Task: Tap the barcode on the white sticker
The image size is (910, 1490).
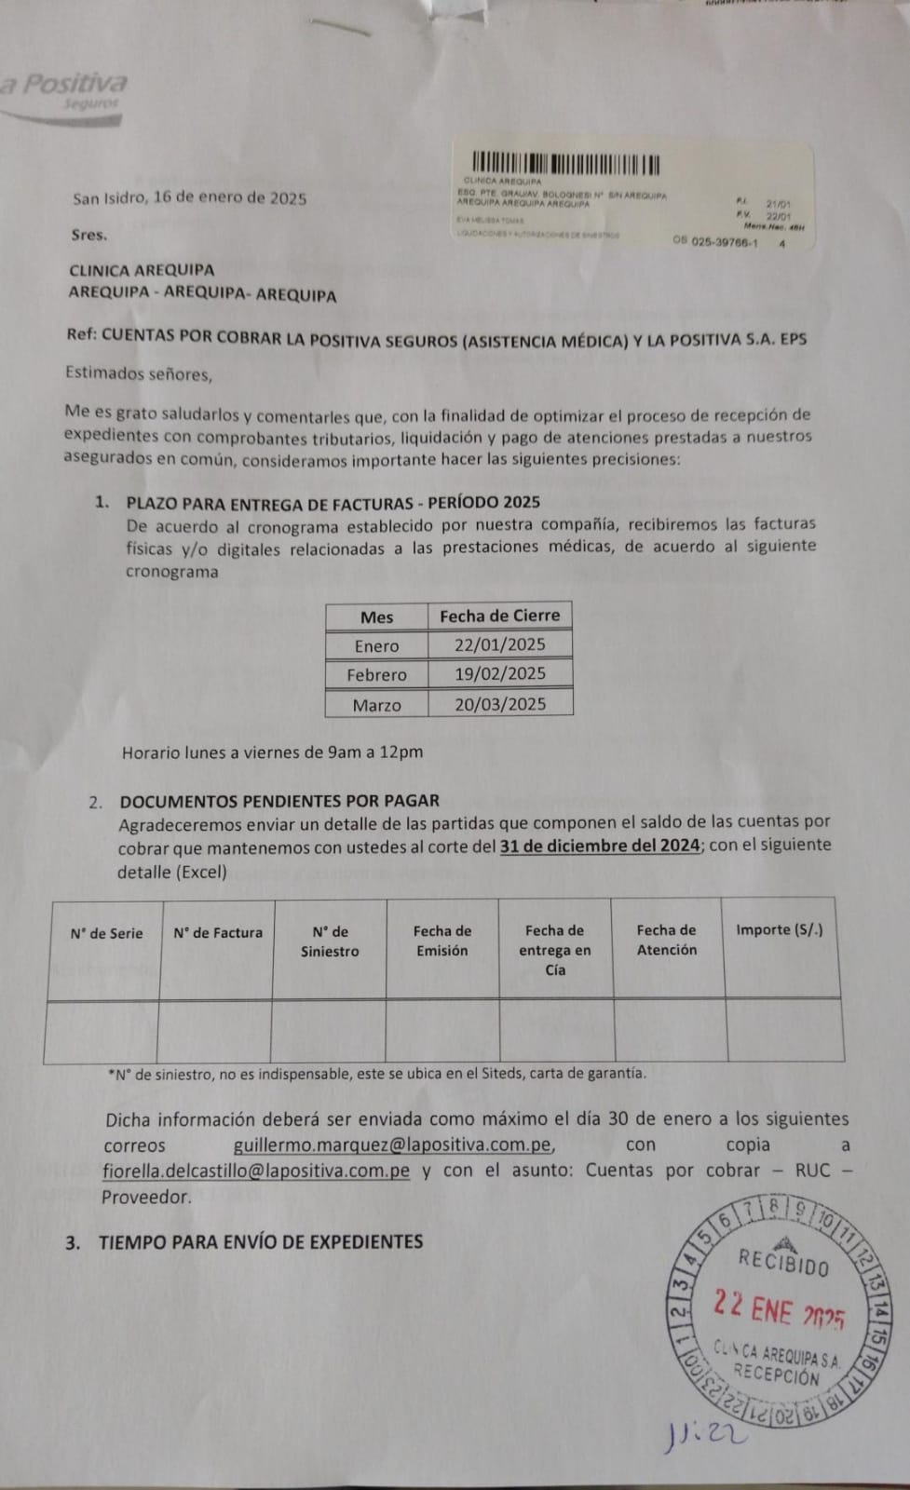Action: (x=565, y=164)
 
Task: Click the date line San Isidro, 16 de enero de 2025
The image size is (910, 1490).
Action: (x=189, y=197)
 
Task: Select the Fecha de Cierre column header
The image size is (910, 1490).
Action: (x=499, y=616)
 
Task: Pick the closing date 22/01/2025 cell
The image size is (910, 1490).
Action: (x=499, y=644)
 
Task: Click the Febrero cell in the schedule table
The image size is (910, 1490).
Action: (x=376, y=674)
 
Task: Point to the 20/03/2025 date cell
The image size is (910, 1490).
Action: (x=499, y=704)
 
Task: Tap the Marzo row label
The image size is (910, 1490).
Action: (x=376, y=705)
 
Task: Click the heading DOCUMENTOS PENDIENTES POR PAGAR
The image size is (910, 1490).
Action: (x=279, y=801)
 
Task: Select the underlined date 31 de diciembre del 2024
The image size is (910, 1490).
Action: (x=600, y=846)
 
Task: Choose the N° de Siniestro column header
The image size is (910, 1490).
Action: (x=330, y=941)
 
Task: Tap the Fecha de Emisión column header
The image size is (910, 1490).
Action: (x=442, y=941)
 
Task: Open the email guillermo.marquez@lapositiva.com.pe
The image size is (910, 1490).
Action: (x=393, y=1145)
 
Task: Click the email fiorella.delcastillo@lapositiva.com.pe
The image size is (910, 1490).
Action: (x=256, y=1172)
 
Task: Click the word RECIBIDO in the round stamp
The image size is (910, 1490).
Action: (x=782, y=1262)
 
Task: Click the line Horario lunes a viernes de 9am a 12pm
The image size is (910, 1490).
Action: (x=272, y=752)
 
